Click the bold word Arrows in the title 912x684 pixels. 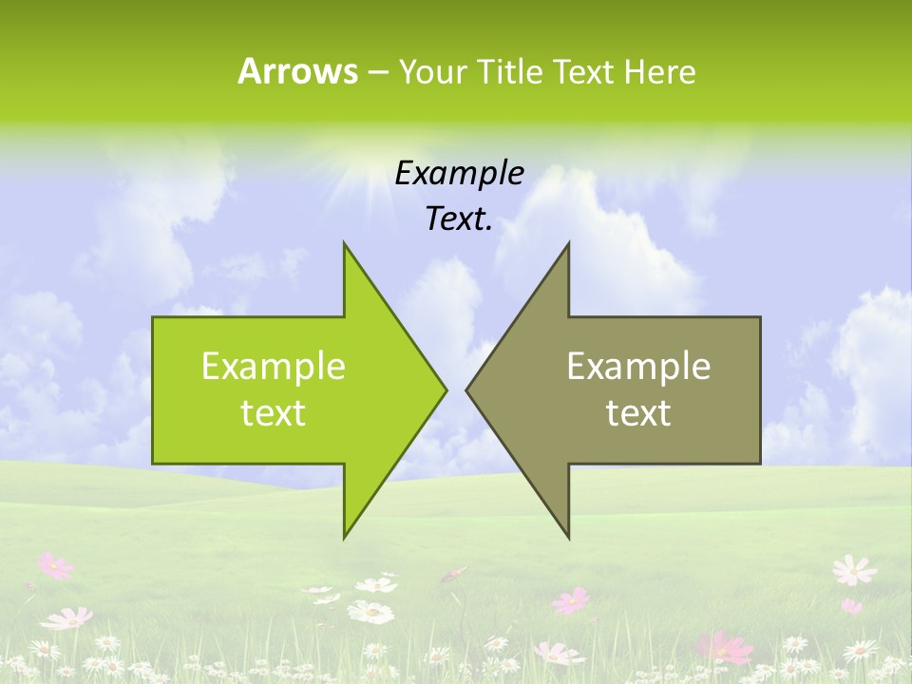pyautogui.click(x=296, y=71)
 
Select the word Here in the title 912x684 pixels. pyautogui.click(x=659, y=71)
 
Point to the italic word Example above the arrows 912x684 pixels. pyautogui.click(x=459, y=173)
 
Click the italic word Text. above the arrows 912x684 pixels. pyautogui.click(x=459, y=219)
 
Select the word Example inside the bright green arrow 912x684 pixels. pyautogui.click(x=274, y=367)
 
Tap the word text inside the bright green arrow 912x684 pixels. pyautogui.click(x=274, y=413)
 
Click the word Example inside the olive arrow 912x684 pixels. pyautogui.click(x=638, y=367)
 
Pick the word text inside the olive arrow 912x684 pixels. pyautogui.click(x=638, y=413)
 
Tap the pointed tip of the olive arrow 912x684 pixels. pyautogui.click(x=467, y=389)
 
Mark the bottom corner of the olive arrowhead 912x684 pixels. pyautogui.click(x=568, y=536)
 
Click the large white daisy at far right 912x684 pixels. pyautogui.click(x=853, y=570)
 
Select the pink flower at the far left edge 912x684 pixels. pyautogui.click(x=55, y=566)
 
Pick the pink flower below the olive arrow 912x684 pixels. pyautogui.click(x=572, y=600)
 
